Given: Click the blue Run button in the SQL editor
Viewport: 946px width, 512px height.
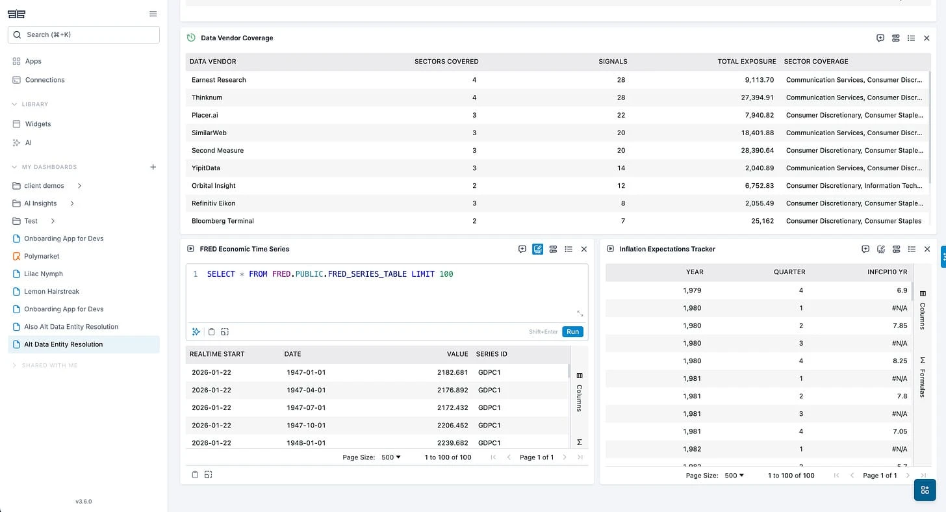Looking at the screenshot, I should click(x=572, y=331).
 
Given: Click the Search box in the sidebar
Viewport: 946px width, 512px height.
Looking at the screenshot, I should click(x=83, y=34).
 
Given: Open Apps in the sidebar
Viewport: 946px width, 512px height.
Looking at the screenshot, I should click(x=33, y=61).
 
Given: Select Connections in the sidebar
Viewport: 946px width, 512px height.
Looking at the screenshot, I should click(x=44, y=80).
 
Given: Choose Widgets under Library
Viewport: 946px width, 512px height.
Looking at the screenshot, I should click(x=37, y=124).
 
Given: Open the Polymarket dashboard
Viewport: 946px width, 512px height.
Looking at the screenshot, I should click(x=42, y=256).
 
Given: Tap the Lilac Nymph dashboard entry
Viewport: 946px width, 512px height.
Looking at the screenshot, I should click(x=44, y=274).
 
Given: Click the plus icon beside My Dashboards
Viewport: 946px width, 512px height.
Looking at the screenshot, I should click(x=153, y=167).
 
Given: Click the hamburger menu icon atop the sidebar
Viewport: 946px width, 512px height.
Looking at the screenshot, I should click(x=153, y=14).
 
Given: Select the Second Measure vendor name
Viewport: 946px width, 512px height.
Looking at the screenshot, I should click(x=218, y=150).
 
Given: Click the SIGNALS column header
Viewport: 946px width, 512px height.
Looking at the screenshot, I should click(x=613, y=62).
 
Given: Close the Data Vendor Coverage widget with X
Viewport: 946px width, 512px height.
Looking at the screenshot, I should click(x=927, y=38).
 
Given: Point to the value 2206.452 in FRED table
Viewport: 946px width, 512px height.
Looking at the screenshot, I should click(x=452, y=426).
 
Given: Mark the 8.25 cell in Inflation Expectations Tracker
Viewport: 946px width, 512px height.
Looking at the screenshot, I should click(x=899, y=361).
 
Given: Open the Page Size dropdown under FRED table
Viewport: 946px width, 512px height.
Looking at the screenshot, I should click(x=390, y=457).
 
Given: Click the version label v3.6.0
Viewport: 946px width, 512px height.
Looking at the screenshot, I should click(x=83, y=502).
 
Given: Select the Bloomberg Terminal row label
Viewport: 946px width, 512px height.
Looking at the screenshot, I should click(x=222, y=221).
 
